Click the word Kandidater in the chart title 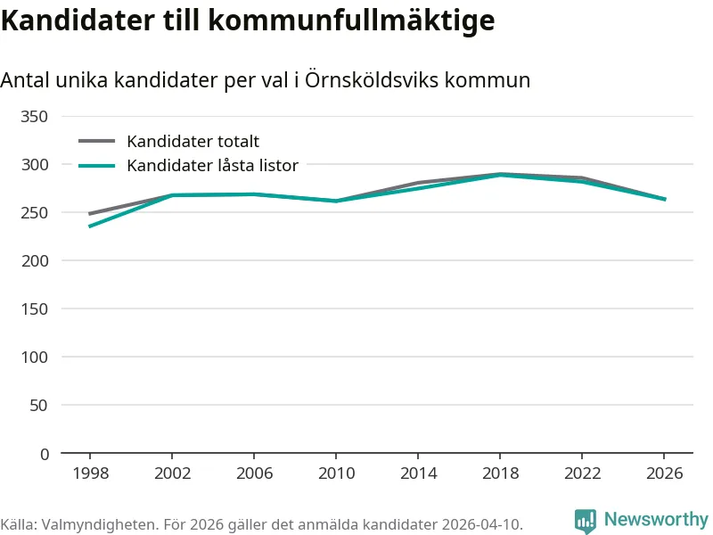78,20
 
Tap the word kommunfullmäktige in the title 351,21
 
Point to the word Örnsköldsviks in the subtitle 372,79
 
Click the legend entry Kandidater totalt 193,142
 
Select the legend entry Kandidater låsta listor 212,165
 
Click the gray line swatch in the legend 97,141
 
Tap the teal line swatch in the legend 97,166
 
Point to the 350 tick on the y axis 34,117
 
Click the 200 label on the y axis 34,260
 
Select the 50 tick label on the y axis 38,405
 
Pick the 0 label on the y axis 44,454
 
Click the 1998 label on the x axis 91,473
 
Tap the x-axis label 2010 337,473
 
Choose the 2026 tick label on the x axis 664,473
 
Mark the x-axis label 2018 500,473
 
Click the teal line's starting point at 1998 90,226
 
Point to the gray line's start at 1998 90,214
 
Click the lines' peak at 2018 500,174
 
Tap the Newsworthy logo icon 586,520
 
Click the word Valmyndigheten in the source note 100,524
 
